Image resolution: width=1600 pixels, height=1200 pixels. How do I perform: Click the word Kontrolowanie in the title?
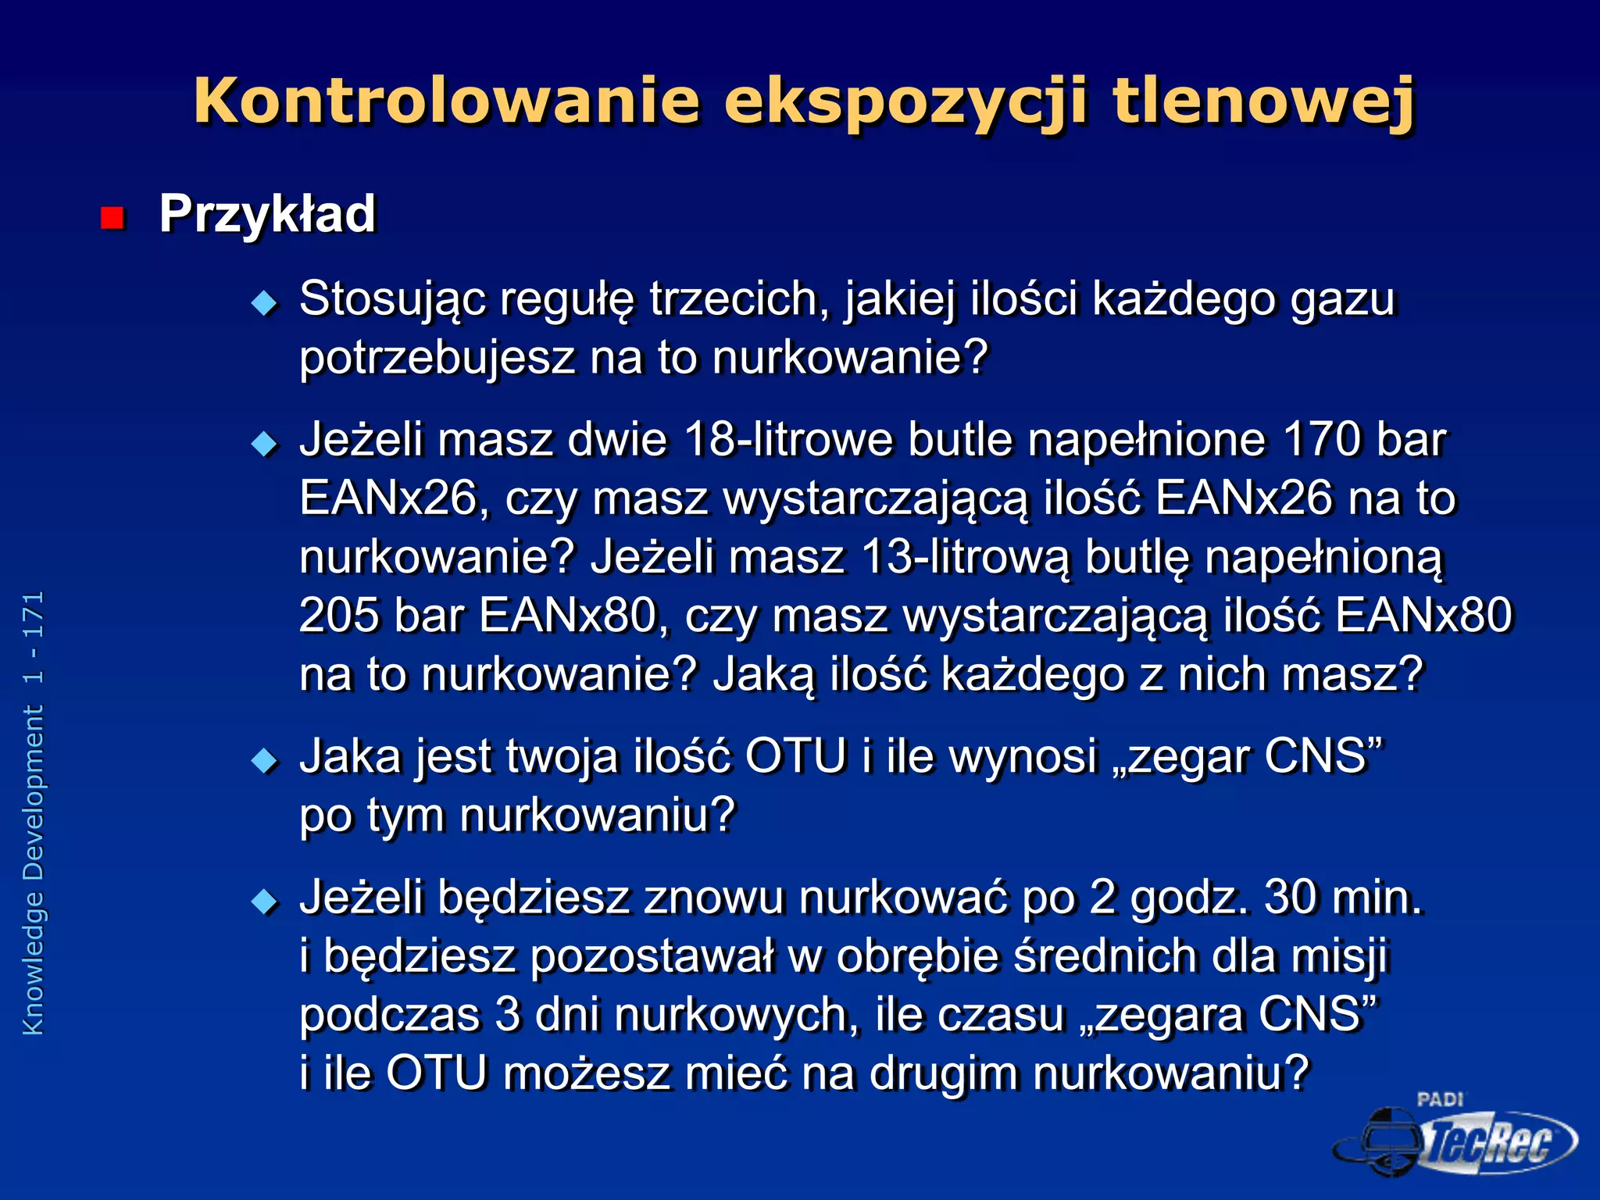[446, 101]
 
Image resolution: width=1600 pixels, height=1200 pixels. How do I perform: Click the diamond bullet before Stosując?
[265, 302]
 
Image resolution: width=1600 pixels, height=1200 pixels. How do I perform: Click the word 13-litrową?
[965, 558]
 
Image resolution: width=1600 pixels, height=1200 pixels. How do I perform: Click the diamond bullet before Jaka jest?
[265, 759]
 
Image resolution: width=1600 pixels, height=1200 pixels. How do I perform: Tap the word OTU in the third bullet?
[796, 756]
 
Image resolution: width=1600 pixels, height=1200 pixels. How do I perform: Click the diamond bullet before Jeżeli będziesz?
[265, 902]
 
